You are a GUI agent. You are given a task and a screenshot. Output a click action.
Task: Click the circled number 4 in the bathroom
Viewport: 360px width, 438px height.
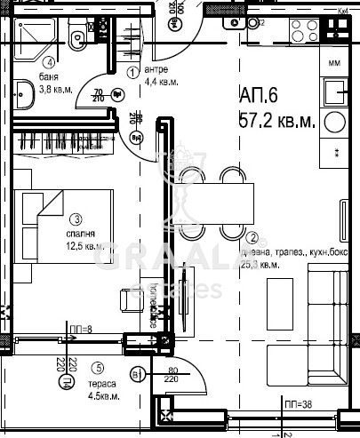point(51,62)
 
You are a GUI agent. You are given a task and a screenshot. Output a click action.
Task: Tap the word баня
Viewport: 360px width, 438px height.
point(50,78)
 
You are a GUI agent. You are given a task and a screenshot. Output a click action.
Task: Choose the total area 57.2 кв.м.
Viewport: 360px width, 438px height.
point(277,121)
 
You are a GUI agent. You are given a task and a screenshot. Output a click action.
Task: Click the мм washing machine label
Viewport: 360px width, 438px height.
point(334,63)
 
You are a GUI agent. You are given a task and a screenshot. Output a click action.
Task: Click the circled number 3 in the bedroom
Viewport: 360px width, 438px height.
point(77,219)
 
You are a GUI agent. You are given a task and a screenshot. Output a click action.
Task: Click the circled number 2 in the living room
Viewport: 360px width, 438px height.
point(253,237)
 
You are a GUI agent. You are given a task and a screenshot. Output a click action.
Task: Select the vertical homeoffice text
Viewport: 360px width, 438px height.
point(153,307)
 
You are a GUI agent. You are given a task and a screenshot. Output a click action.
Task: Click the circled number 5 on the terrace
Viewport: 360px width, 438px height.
point(98,369)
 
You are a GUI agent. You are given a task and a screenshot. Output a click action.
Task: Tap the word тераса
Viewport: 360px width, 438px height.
point(100,384)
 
